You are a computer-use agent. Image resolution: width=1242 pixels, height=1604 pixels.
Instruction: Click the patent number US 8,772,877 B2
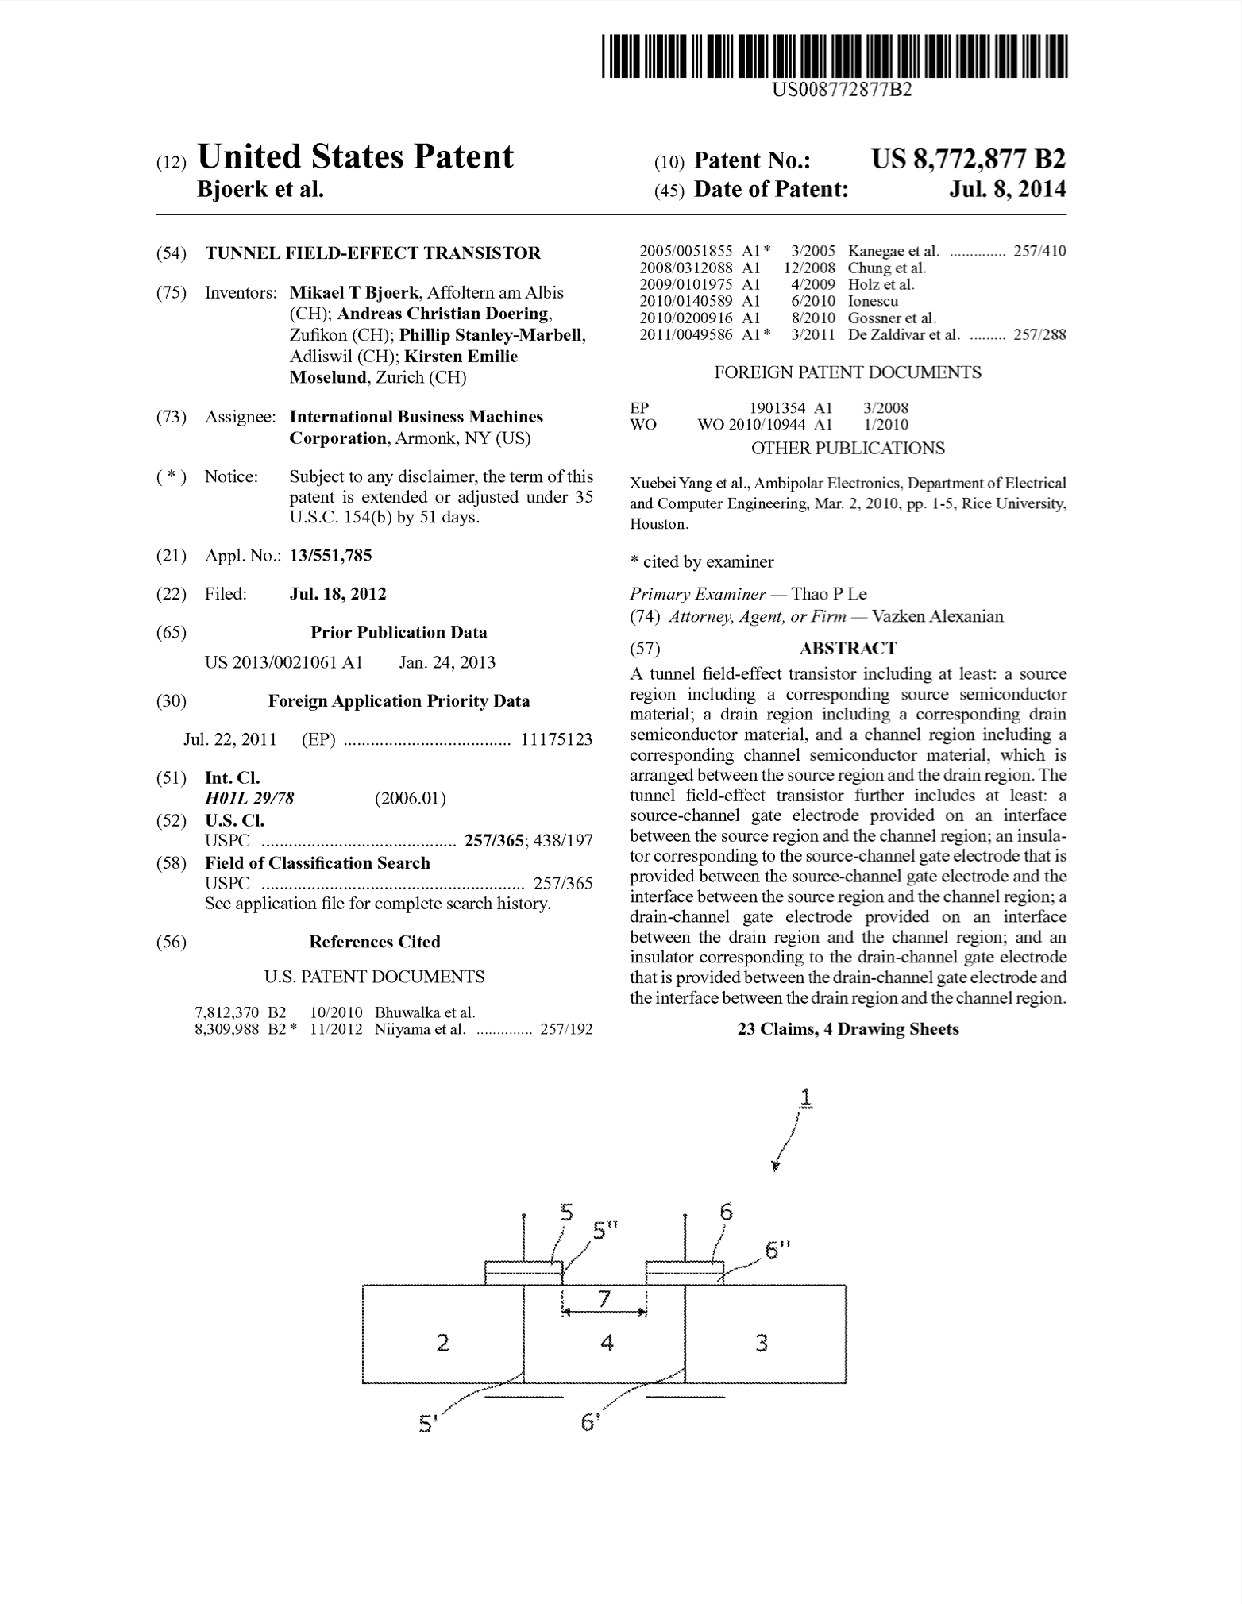pyautogui.click(x=968, y=160)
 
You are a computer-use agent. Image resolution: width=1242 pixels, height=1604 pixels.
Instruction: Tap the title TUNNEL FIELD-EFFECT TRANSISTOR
pyautogui.click(x=373, y=253)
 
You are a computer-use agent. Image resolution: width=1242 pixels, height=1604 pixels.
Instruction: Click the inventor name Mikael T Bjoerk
pyautogui.click(x=354, y=292)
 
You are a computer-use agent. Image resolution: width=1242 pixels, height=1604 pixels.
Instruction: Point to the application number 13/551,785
pyautogui.click(x=330, y=556)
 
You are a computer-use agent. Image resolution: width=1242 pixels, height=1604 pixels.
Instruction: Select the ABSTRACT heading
pyautogui.click(x=847, y=648)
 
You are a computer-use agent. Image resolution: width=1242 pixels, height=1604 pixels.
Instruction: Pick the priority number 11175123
pyautogui.click(x=556, y=740)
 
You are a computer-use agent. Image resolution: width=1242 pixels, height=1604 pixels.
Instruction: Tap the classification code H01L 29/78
pyautogui.click(x=249, y=799)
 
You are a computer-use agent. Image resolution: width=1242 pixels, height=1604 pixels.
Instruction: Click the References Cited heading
pyautogui.click(x=374, y=942)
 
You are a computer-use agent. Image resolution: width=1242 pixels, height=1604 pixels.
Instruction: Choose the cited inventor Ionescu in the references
pyautogui.click(x=873, y=301)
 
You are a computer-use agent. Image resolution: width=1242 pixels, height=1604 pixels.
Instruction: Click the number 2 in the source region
pyautogui.click(x=443, y=1343)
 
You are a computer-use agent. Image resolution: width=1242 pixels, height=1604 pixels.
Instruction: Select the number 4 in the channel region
pyautogui.click(x=607, y=1343)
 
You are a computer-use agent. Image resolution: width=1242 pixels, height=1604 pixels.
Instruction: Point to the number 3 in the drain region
pyautogui.click(x=761, y=1343)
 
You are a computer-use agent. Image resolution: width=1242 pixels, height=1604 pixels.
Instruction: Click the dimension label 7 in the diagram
pyautogui.click(x=604, y=1299)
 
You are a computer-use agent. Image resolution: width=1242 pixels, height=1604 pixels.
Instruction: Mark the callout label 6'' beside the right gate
pyautogui.click(x=777, y=1249)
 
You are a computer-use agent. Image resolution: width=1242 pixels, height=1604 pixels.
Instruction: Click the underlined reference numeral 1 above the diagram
pyautogui.click(x=806, y=1097)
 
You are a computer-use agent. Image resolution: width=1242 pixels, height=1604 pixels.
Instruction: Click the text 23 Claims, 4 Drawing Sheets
pyautogui.click(x=847, y=1029)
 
